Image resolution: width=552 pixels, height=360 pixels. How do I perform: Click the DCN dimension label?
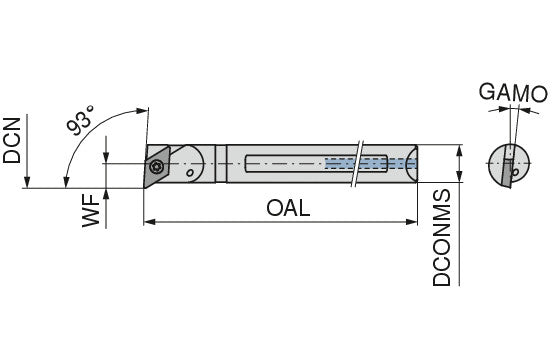12,140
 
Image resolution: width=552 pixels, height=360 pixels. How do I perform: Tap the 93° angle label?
80,120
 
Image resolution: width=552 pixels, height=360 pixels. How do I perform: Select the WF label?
92,210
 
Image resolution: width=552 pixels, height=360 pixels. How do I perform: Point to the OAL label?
288,208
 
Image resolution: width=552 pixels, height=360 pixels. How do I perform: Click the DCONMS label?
441,238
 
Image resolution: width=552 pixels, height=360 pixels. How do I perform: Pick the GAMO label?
513,93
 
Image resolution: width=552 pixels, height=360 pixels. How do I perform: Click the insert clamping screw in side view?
156,166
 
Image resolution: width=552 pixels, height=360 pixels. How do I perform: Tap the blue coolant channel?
371,163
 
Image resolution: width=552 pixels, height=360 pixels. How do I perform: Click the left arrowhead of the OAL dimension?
150,222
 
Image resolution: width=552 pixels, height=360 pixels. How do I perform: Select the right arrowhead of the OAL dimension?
411,222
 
